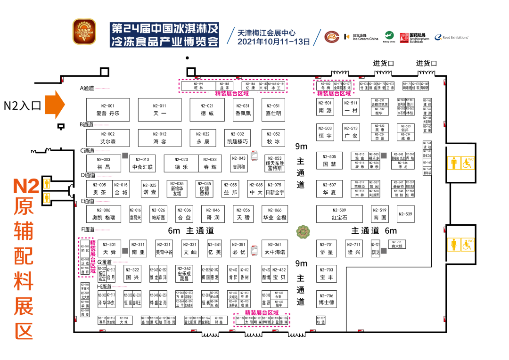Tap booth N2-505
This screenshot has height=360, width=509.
coord(329,161)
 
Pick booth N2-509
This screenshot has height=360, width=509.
coord(339,214)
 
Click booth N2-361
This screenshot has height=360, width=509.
coord(274,248)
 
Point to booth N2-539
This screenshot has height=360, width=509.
coord(405,214)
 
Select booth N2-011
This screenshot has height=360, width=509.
coord(160,110)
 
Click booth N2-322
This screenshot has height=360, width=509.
coord(132,274)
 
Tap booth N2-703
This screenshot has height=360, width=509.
coord(327,274)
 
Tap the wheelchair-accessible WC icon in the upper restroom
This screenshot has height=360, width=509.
coord(468,163)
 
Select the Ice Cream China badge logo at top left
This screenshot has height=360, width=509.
coord(84,32)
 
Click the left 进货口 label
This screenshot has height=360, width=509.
coord(383,63)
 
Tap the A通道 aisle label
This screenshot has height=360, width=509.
coord(88,88)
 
